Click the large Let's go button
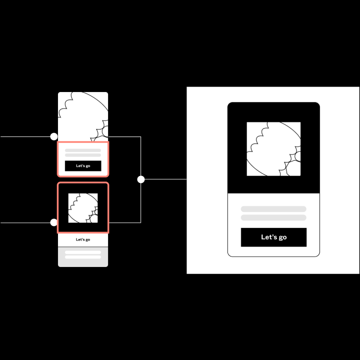pos(273,237)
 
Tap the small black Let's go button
pos(83,165)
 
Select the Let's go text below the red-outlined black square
pos(83,239)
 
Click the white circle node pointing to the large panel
pos(141,179)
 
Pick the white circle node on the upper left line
pos(54,136)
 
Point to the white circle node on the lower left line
pos(54,222)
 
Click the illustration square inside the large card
pos(273,149)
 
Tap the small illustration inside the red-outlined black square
pos(83,208)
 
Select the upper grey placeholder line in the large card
pos(273,209)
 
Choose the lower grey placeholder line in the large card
pos(273,217)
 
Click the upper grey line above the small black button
pos(83,150)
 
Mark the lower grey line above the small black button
pos(83,155)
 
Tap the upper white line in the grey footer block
pos(83,252)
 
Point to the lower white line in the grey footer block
pos(83,257)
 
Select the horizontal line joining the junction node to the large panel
pos(165,179)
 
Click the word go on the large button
pos(282,237)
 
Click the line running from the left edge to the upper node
pos(25,136)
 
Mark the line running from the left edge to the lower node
pos(25,222)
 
